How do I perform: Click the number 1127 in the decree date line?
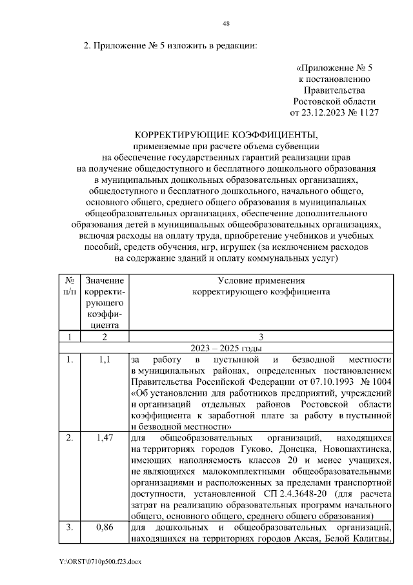tap(364, 112)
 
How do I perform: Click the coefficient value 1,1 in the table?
tap(105, 359)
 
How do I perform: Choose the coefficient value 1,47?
tap(105, 438)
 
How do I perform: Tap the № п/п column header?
tap(69, 286)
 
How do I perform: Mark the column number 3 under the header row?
tap(260, 336)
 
